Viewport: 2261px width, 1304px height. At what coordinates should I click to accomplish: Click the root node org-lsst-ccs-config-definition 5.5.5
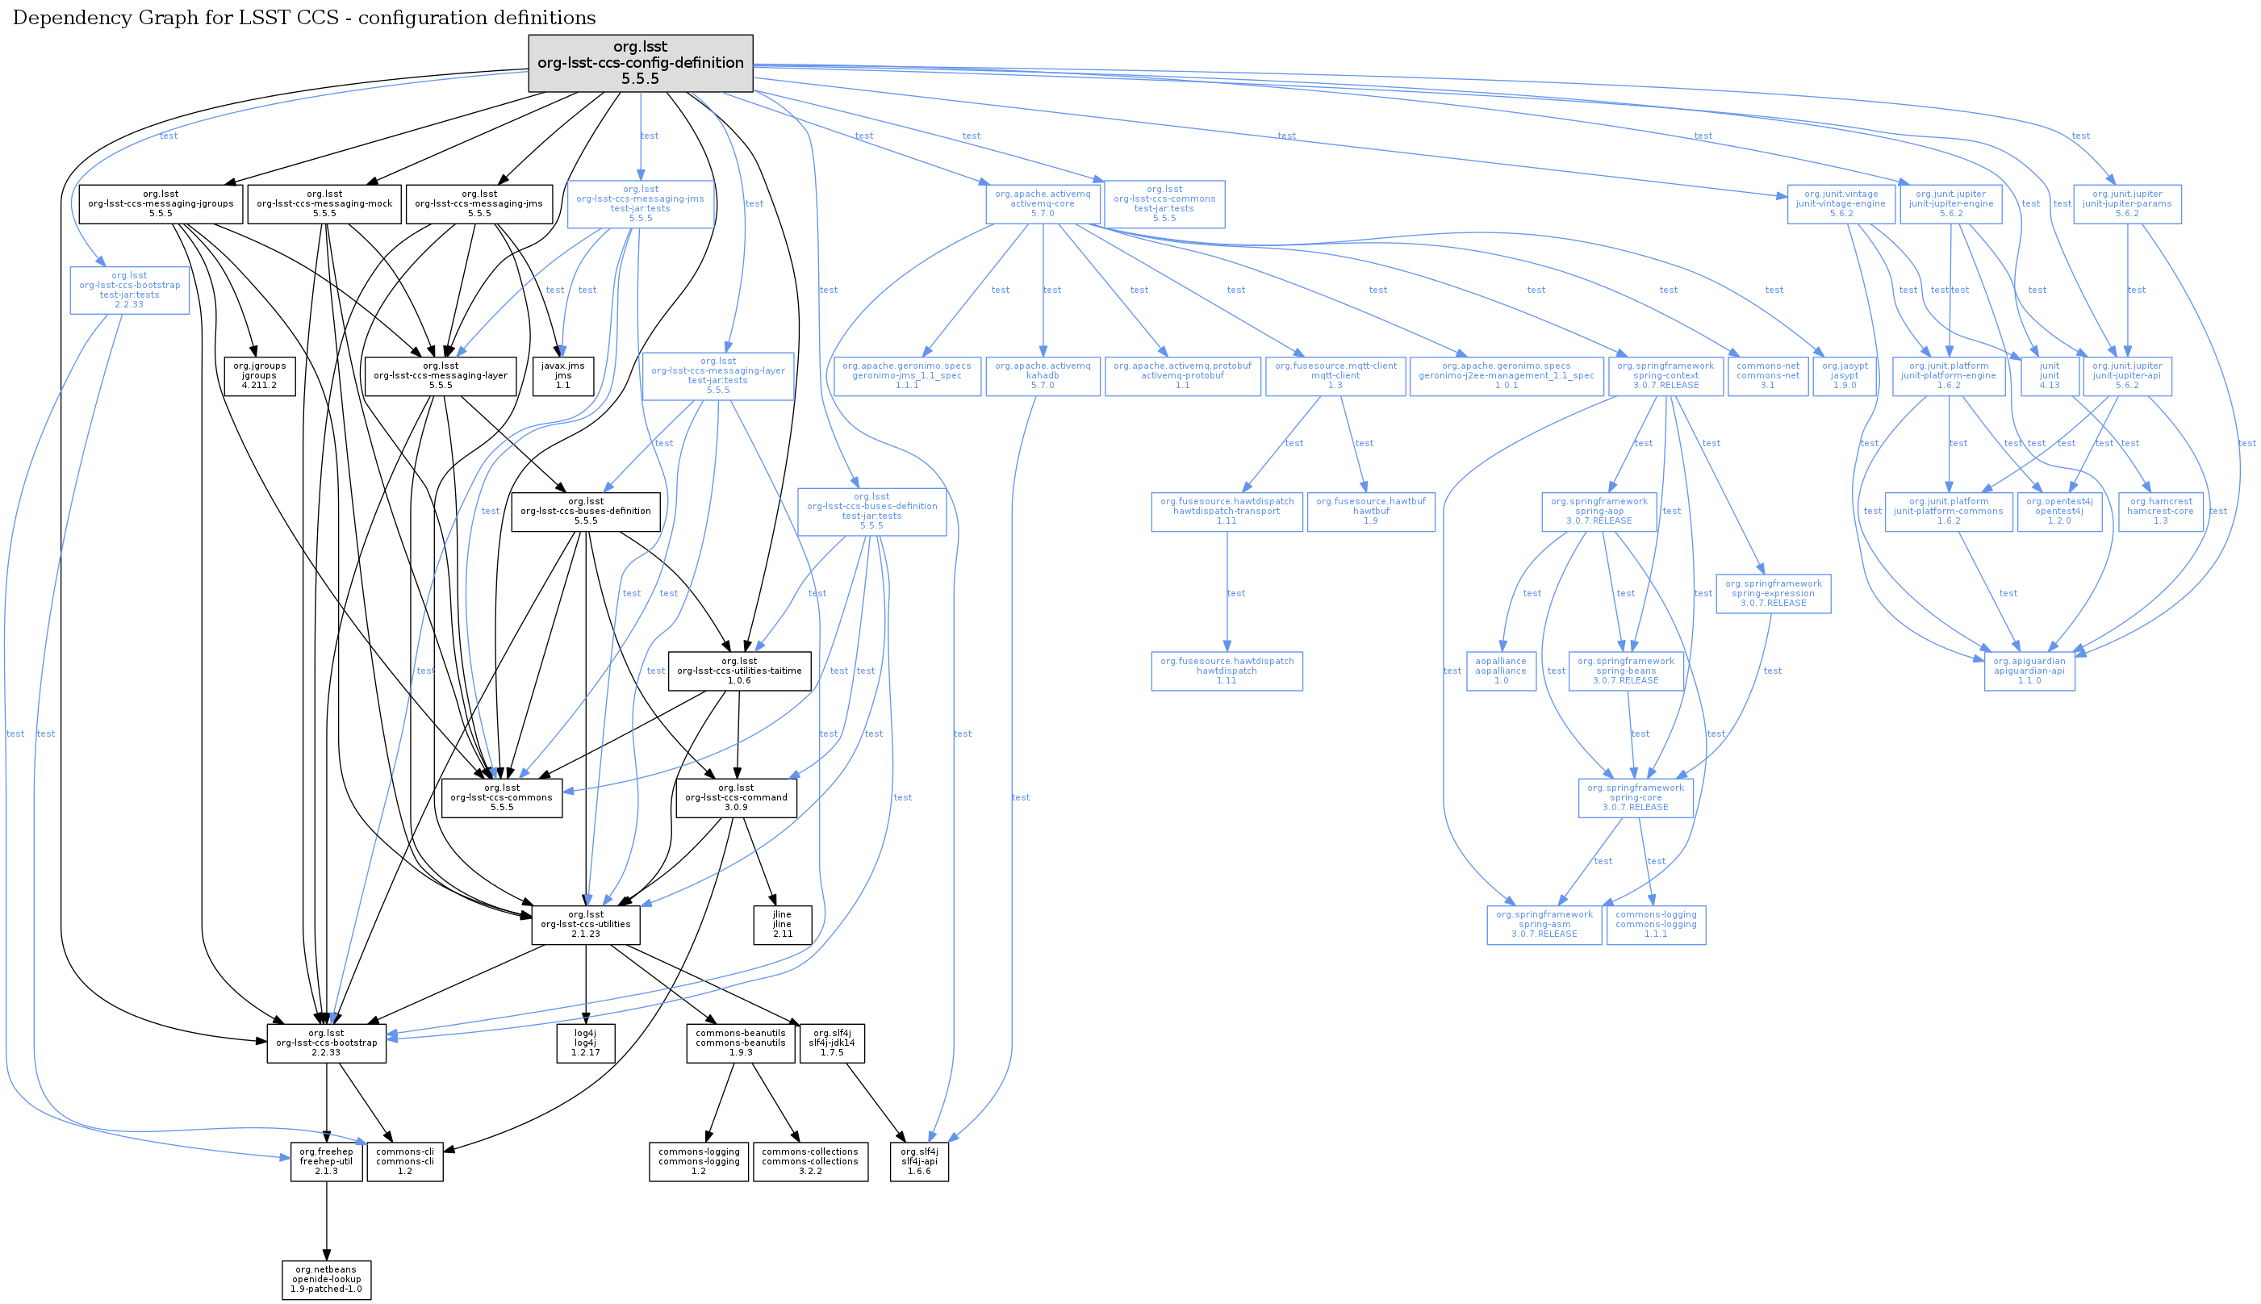640,63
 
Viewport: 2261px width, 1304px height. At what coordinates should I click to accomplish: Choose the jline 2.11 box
782,924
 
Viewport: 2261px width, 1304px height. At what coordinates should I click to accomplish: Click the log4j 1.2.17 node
585,1043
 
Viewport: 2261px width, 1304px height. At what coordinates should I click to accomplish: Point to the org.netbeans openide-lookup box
326,1279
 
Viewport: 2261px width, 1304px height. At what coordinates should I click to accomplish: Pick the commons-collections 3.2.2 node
809,1162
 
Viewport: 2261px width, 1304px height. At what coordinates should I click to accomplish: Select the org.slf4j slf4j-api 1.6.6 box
919,1162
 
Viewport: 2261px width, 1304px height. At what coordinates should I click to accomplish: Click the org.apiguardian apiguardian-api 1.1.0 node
2029,671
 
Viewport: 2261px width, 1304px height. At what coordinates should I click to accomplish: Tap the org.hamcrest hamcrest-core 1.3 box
2160,512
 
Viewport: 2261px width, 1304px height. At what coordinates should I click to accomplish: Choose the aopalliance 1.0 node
1501,671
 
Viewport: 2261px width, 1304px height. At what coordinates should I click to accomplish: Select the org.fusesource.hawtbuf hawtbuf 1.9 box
1370,512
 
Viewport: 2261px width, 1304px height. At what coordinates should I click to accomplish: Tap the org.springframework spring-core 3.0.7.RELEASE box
1635,797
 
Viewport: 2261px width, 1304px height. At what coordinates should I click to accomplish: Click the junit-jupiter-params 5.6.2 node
2127,204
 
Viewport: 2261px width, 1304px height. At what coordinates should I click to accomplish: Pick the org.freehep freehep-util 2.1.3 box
326,1162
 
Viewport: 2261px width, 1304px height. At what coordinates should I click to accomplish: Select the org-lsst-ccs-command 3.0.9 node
735,797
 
